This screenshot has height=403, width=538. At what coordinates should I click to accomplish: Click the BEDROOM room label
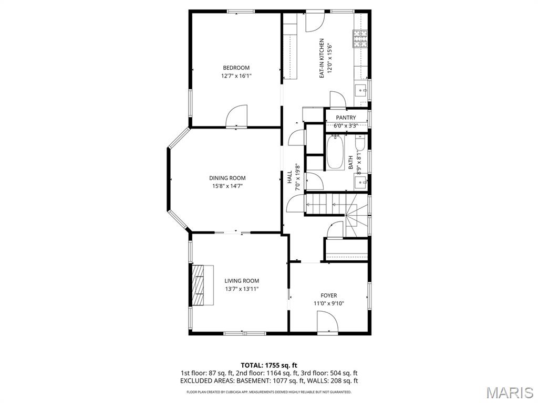click(x=236, y=68)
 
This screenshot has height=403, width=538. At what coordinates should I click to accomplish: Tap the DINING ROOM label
click(x=227, y=178)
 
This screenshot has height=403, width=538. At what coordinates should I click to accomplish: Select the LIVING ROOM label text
click(x=242, y=281)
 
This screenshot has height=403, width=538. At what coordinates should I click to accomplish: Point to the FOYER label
click(x=329, y=295)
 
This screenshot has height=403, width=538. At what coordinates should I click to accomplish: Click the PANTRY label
click(x=346, y=118)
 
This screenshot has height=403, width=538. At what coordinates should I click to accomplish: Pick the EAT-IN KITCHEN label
click(x=322, y=58)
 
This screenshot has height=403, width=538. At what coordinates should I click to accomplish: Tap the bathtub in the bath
click(x=335, y=152)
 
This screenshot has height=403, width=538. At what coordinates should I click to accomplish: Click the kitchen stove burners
click(x=360, y=39)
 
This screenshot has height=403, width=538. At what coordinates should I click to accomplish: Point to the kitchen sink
click(x=361, y=91)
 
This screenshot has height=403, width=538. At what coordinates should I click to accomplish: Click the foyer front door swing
click(x=328, y=322)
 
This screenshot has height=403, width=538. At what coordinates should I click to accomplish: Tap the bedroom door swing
click(x=236, y=116)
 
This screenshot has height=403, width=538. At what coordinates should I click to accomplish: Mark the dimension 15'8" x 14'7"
click(x=227, y=186)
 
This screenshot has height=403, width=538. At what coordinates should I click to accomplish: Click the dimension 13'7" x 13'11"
click(x=242, y=289)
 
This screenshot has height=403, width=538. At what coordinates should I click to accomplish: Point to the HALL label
click(x=289, y=177)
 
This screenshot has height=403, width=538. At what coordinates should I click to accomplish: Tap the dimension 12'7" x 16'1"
click(x=236, y=76)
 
